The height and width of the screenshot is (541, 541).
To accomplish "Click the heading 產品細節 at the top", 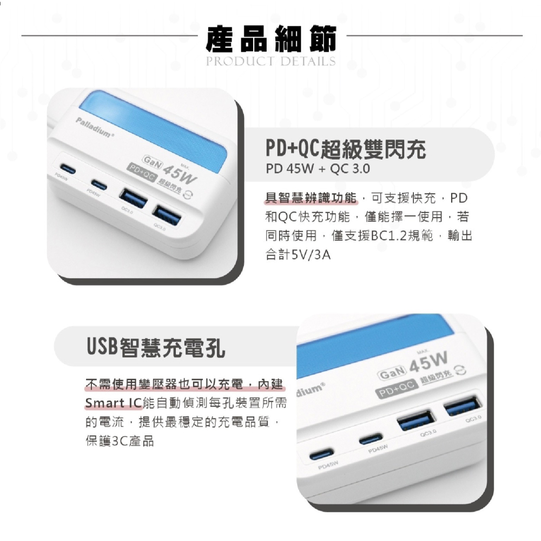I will [270, 39].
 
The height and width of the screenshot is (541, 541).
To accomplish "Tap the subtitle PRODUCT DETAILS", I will [270, 61].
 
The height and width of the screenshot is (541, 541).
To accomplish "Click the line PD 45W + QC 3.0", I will [318, 169].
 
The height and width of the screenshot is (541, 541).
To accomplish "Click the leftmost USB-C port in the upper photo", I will [70, 167].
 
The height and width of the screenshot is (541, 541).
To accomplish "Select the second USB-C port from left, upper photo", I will [100, 182].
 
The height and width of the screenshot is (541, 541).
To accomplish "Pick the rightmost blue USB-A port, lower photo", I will [463, 405].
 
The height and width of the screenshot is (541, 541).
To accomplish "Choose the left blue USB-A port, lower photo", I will [415, 421].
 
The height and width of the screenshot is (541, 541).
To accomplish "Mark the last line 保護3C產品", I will [120, 441].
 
